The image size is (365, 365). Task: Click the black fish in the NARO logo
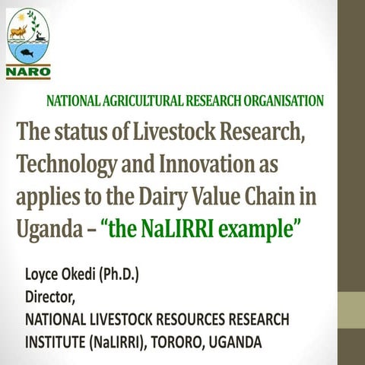click(28, 53)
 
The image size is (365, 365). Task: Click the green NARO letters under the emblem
click(28, 73)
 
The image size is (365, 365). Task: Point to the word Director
click(51, 293)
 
